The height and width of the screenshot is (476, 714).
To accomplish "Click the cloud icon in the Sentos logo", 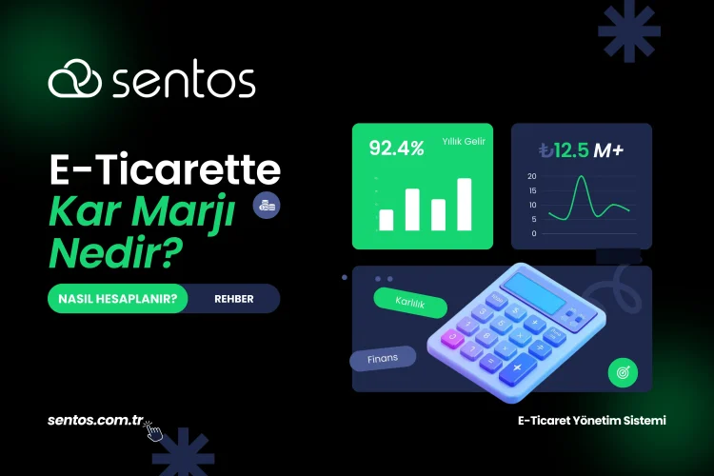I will coord(75,81).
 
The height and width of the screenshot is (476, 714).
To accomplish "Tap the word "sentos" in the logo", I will coord(184,82).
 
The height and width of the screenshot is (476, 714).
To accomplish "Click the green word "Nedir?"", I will coord(115,252).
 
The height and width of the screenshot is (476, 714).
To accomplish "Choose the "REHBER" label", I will coord(234,299).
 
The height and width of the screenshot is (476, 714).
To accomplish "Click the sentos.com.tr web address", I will coord(95,420).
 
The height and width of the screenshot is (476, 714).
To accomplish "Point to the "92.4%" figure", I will coord(396,149).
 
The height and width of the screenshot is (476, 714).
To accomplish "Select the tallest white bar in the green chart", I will coord(465,204).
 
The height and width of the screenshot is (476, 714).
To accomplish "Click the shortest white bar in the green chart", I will coord(387,220).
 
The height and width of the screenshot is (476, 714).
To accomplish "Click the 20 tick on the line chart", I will coord(532,176).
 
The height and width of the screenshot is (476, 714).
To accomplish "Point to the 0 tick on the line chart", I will coord(533,233).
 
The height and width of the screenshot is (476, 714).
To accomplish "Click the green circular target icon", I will coord(624,371).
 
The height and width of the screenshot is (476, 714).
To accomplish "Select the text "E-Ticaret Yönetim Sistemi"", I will coord(591,420).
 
